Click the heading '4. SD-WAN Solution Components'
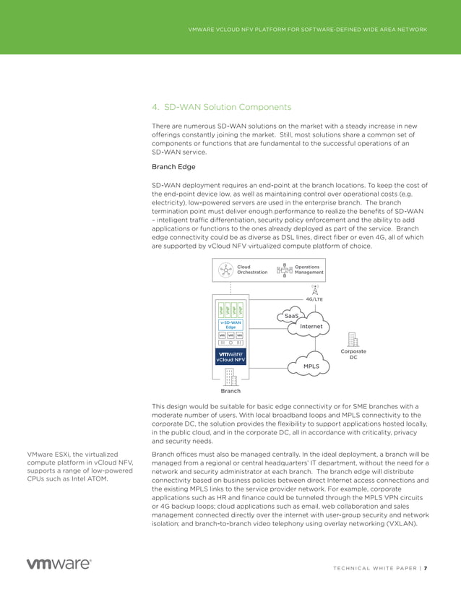coord(221,108)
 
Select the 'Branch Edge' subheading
coord(173,167)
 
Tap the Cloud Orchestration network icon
coord(226,270)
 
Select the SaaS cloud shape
coord(291,316)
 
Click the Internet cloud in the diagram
coord(311,327)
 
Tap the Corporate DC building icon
coord(353,340)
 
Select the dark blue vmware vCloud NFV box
coord(231,356)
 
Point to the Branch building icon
coord(231,377)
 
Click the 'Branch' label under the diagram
coord(231,391)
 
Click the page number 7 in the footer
coord(426,567)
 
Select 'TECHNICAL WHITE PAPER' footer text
coord(376,567)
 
